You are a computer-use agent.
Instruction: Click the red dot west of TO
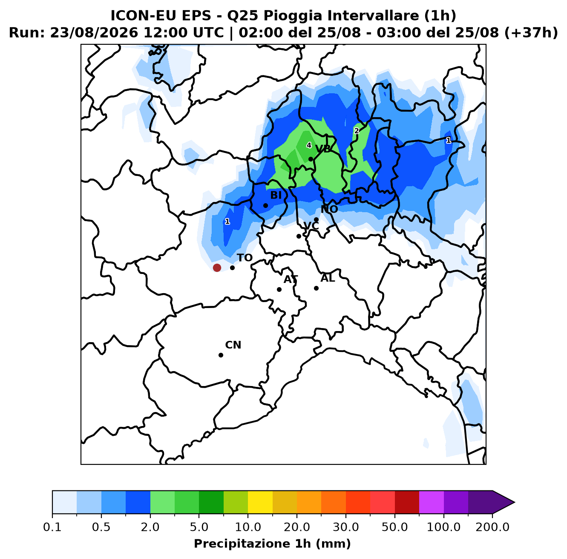click(x=217, y=268)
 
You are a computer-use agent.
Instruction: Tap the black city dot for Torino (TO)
click(x=232, y=268)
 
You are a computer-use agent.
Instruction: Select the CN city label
click(x=233, y=345)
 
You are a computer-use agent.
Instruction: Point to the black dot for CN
click(x=221, y=355)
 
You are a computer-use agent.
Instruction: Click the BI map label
click(x=276, y=195)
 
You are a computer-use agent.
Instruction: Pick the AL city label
click(x=328, y=278)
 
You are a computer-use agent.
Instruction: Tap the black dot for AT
click(x=279, y=289)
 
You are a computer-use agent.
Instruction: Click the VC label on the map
click(x=311, y=226)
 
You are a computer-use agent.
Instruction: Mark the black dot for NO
click(x=316, y=219)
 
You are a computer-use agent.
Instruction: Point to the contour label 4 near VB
click(x=309, y=145)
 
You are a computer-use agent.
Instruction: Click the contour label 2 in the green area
click(x=357, y=131)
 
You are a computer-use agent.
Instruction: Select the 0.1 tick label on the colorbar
click(x=52, y=527)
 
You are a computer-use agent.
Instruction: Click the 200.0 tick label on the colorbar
click(x=492, y=527)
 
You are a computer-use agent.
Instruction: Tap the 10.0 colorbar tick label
click(x=248, y=527)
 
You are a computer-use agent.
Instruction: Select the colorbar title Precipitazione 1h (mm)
click(x=272, y=543)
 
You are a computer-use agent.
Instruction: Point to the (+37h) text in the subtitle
click(x=531, y=33)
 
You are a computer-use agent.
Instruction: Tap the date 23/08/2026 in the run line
click(x=94, y=33)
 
